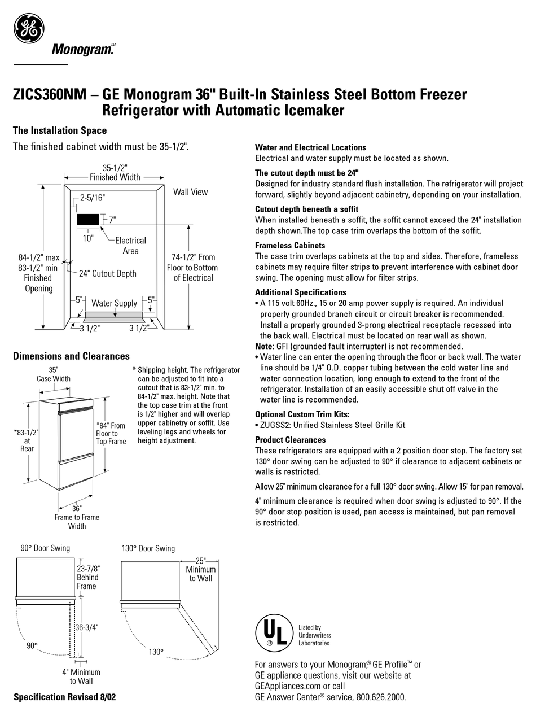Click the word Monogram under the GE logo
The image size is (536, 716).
click(x=83, y=50)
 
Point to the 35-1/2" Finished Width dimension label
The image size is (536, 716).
click(x=115, y=172)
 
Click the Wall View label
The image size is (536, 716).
click(x=190, y=192)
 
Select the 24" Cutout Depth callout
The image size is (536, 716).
click(x=107, y=274)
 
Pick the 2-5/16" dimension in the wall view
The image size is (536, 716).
click(x=92, y=198)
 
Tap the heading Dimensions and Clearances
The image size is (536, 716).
click(x=71, y=356)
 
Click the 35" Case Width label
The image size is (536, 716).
click(x=54, y=374)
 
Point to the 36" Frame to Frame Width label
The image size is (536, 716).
click(x=77, y=517)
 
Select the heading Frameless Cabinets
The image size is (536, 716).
click(x=290, y=246)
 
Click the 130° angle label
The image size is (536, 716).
click(x=156, y=652)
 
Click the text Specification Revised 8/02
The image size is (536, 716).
click(x=64, y=697)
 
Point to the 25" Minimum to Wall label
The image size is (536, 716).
click(x=200, y=570)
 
